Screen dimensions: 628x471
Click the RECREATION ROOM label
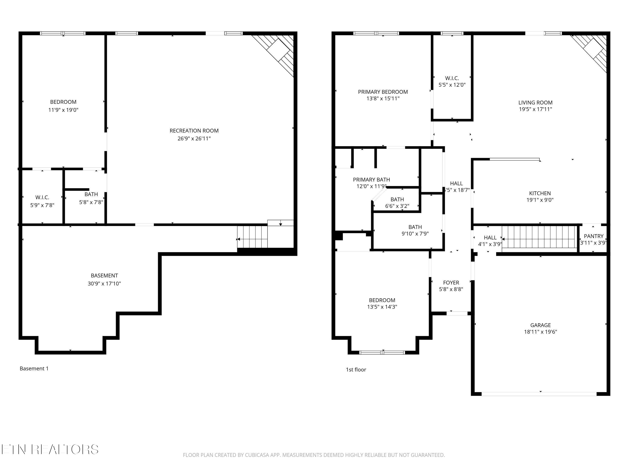click(x=194, y=131)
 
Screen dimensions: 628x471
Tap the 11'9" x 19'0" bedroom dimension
click(x=63, y=110)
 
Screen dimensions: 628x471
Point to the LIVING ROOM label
click(x=535, y=103)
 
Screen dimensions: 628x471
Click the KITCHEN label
click(x=540, y=193)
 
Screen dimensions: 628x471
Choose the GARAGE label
click(x=540, y=325)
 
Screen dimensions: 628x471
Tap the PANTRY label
click(x=594, y=236)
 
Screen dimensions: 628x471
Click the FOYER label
click(x=451, y=282)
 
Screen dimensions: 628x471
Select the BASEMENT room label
click(x=104, y=275)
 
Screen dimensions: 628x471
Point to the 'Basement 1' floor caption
click(x=34, y=368)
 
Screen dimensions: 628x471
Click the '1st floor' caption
click(x=356, y=370)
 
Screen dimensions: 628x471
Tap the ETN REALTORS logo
click(x=50, y=449)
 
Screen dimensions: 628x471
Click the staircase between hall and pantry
click(x=540, y=239)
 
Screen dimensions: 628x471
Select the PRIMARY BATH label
click(x=371, y=179)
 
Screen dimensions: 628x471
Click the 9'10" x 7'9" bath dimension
click(x=415, y=234)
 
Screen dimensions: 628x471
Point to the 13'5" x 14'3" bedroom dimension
click(x=382, y=307)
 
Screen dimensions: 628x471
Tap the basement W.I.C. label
click(x=42, y=197)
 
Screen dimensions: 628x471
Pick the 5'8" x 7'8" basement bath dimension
click(x=91, y=202)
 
